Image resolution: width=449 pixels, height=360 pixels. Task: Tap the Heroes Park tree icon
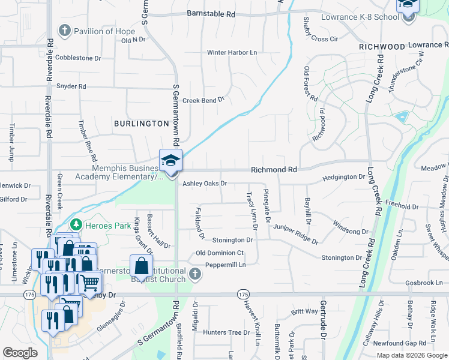pyautogui.click(x=76, y=225)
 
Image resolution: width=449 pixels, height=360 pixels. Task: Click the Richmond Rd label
pyautogui.click(x=274, y=170)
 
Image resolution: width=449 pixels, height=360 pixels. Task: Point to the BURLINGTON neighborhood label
pyautogui.click(x=141, y=123)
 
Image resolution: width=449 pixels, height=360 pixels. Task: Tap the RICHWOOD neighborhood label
pyautogui.click(x=382, y=46)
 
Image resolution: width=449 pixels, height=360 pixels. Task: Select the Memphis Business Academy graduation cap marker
pyautogui.click(x=170, y=161)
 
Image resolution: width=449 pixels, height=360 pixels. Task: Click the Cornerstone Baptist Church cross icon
pyautogui.click(x=194, y=274)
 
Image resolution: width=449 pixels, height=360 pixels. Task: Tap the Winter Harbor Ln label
pyautogui.click(x=232, y=52)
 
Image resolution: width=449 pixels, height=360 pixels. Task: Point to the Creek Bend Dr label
pyautogui.click(x=203, y=100)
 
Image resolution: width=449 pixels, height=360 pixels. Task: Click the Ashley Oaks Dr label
pyautogui.click(x=205, y=183)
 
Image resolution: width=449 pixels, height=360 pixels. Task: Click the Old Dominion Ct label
pyautogui.click(x=220, y=253)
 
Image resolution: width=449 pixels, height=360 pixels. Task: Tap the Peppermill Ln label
pyautogui.click(x=225, y=265)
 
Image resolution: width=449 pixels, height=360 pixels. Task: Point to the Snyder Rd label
pyautogui.click(x=71, y=86)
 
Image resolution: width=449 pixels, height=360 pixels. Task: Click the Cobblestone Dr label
pyautogui.click(x=77, y=58)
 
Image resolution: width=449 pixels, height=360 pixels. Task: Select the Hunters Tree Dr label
pyautogui.click(x=226, y=332)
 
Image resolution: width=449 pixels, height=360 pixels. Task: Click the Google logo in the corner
pyautogui.click(x=20, y=353)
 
